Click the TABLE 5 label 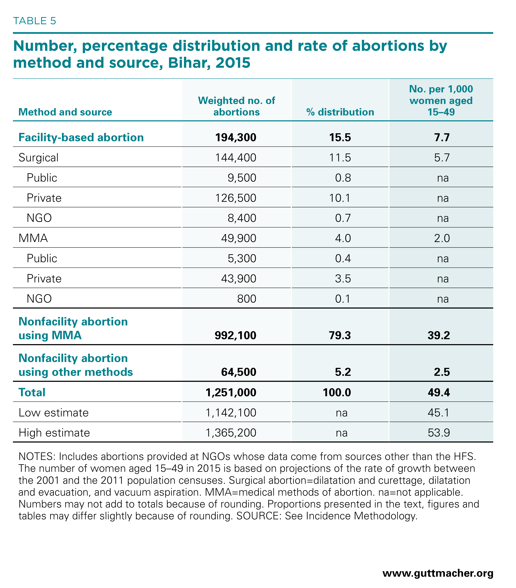(x=35, y=21)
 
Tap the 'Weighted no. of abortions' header (x=236, y=106)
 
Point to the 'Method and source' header (x=65, y=112)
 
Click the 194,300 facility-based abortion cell (x=236, y=138)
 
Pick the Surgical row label (x=39, y=158)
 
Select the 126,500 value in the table (x=236, y=198)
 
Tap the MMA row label (x=33, y=238)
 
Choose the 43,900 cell (x=238, y=278)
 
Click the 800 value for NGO (x=247, y=299)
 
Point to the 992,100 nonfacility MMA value (x=236, y=335)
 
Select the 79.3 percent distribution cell (x=340, y=335)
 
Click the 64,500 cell (x=238, y=372)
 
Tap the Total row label (x=32, y=392)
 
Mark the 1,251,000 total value (x=231, y=392)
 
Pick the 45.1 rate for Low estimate (x=439, y=413)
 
